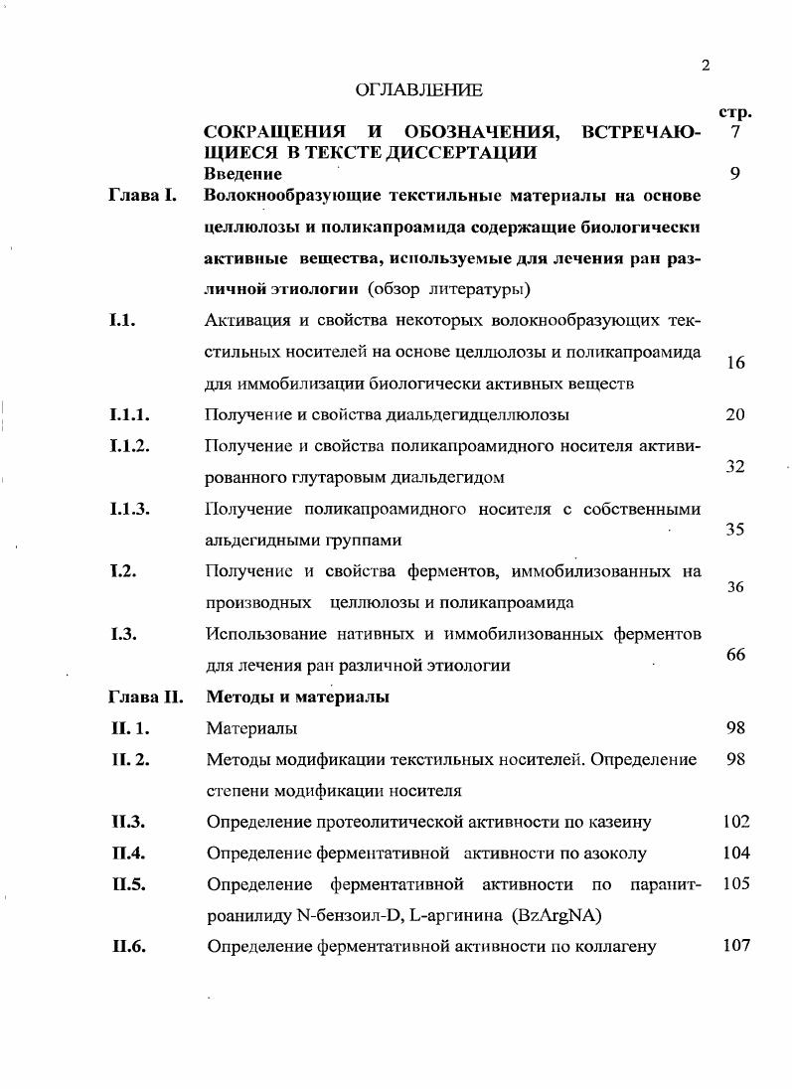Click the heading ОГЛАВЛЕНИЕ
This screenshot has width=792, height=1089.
pyautogui.click(x=418, y=90)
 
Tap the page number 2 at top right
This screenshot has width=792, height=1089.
pyautogui.click(x=705, y=67)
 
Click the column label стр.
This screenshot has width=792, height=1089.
pyautogui.click(x=733, y=112)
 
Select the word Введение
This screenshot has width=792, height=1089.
pyautogui.click(x=242, y=174)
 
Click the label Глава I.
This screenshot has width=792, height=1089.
pyautogui.click(x=142, y=196)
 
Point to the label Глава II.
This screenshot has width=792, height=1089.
pyautogui.click(x=145, y=697)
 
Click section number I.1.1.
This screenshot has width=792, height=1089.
pyautogui.click(x=130, y=414)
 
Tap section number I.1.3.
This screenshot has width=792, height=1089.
pyautogui.click(x=130, y=509)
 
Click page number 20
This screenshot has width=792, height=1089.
pyautogui.click(x=735, y=414)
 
